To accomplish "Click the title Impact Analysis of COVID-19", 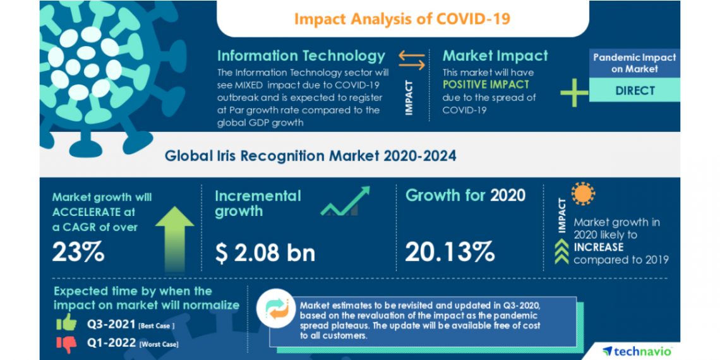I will [x=402, y=18].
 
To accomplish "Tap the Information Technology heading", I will [x=301, y=56].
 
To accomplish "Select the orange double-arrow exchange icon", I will [x=412, y=61].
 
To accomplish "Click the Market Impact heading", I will [x=496, y=56].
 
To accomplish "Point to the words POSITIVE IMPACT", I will [x=486, y=84].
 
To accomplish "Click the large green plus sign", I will [x=574, y=92].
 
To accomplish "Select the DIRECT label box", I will [x=635, y=90].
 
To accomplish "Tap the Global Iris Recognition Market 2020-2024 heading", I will [x=310, y=155].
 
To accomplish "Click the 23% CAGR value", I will [x=78, y=253].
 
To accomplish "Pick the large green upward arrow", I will [x=175, y=237].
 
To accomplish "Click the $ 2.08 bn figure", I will [x=265, y=253].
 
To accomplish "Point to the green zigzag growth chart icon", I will [x=344, y=201].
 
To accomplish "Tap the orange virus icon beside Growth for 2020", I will [x=583, y=193].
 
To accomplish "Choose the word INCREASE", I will [x=598, y=247].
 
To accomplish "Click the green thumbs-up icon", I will [x=66, y=323].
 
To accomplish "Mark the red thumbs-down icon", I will [x=66, y=343].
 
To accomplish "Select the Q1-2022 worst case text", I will [x=133, y=344].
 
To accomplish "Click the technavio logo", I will [x=637, y=351].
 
